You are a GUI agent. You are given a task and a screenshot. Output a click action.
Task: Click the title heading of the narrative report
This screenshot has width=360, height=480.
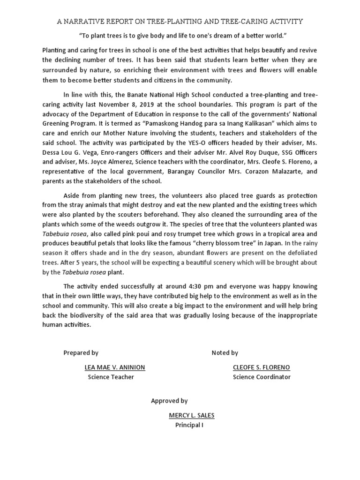coord(180,22)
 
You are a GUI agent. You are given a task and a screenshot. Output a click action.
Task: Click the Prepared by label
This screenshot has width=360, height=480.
coord(81,353)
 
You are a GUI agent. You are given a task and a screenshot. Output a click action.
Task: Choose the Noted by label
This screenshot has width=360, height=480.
coord(225,353)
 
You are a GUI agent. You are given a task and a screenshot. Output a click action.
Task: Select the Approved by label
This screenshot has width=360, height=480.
coord(169,401)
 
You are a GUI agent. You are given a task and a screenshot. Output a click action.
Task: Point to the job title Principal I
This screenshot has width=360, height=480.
coord(189,425)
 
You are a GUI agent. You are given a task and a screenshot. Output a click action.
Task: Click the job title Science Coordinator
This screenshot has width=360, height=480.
coord(262,377)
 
